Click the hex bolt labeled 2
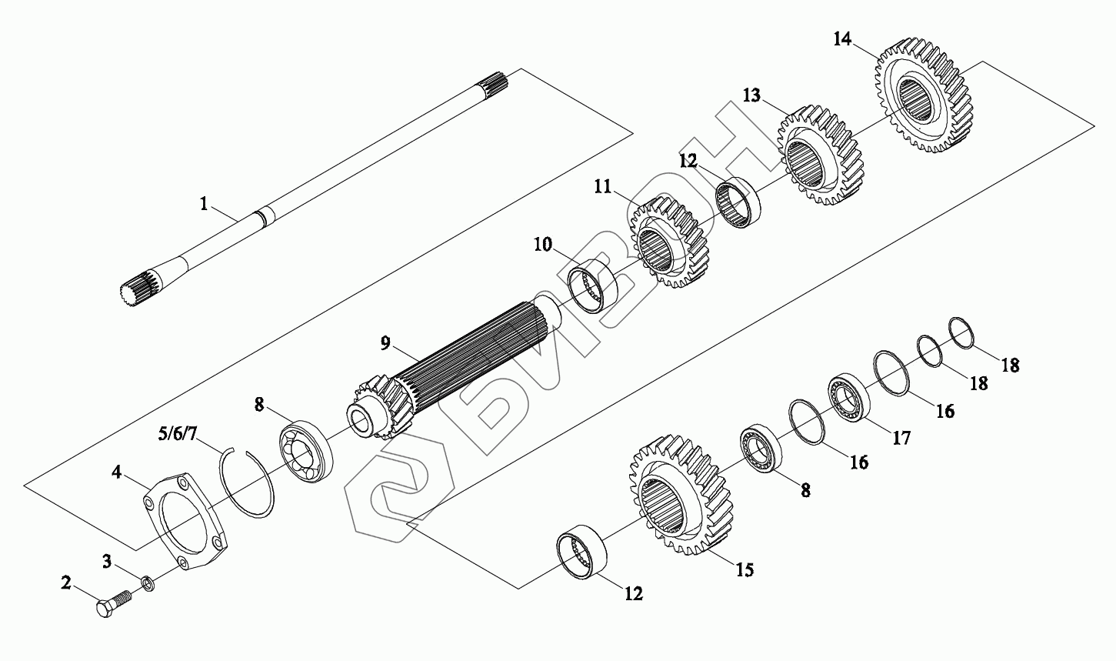point(113,603)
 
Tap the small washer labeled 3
point(148,583)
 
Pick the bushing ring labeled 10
point(593,286)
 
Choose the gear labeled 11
point(668,242)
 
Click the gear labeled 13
point(820,155)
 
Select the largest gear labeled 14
point(924,95)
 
